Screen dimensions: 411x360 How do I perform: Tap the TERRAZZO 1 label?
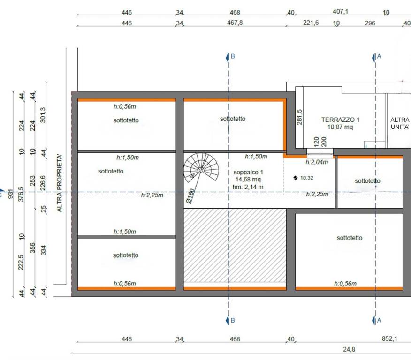pos(340,120)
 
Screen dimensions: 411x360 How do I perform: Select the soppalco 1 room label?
pos(248,172)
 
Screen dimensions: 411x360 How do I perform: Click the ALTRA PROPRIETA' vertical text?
pos(60,183)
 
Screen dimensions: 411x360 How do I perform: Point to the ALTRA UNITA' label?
pos(400,123)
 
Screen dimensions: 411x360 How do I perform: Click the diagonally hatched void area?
pos(235,245)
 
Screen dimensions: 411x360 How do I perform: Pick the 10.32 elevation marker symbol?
pos(296,178)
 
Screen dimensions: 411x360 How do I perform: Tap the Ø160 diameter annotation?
pos(190,196)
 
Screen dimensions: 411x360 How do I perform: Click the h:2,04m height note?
pos(317,162)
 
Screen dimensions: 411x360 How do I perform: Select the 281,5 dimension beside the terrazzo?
pos(299,117)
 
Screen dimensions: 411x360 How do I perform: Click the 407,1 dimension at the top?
pos(340,12)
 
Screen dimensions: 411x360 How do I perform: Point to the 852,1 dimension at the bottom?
pos(389,338)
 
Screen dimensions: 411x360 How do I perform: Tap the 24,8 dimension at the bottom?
pos(349,349)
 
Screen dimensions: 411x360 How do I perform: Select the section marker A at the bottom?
pos(377,320)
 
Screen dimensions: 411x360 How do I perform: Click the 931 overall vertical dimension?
pos(11,194)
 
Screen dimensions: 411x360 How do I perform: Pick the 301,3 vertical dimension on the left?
pos(43,115)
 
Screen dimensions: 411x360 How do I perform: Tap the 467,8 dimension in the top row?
pos(235,23)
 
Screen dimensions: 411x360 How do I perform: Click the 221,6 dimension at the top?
pos(311,23)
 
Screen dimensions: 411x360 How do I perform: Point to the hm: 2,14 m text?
pos(248,187)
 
